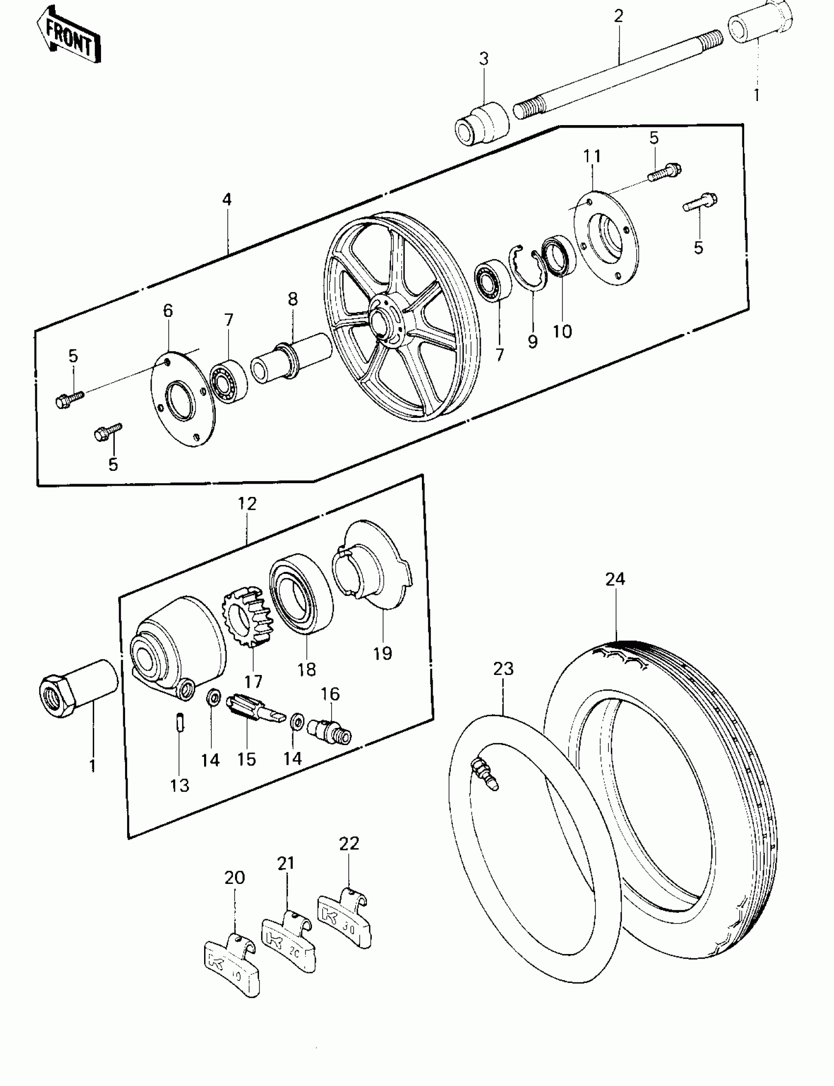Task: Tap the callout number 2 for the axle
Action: [618, 16]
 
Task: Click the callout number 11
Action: [592, 156]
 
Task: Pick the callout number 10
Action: [562, 331]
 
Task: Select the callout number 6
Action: [168, 310]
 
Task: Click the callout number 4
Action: [227, 200]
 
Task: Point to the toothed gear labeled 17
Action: [247, 616]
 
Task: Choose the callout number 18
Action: [307, 670]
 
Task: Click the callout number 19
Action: [383, 653]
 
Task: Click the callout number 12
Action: [247, 503]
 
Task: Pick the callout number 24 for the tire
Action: [615, 579]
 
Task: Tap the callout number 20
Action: [235, 878]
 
